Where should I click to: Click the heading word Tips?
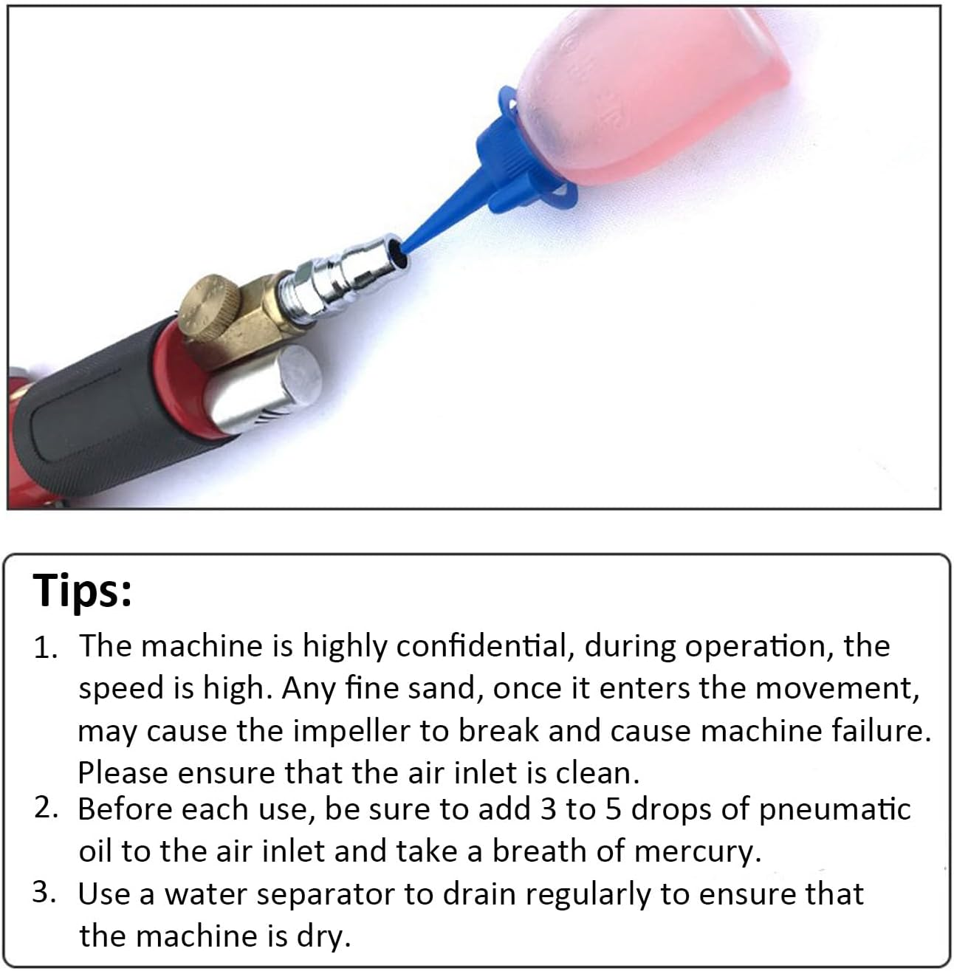[x=82, y=590]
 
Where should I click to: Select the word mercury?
[x=698, y=851]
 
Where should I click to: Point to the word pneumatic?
[x=834, y=809]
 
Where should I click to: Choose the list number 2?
[x=46, y=808]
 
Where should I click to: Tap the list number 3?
[x=44, y=892]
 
